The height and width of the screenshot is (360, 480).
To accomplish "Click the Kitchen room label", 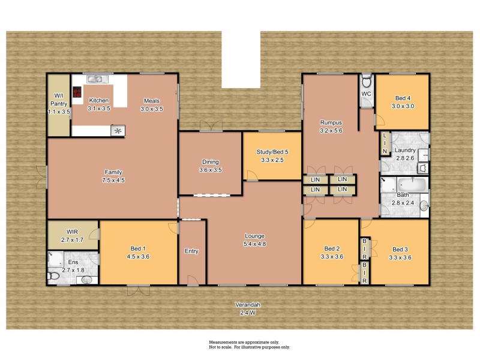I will (x=99, y=104).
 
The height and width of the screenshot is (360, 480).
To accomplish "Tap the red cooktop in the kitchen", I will (x=77, y=92).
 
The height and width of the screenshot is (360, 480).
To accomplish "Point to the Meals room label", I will (x=151, y=104).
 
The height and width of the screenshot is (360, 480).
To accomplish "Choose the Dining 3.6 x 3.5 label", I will (x=210, y=166).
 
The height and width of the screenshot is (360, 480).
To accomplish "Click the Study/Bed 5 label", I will (x=272, y=156).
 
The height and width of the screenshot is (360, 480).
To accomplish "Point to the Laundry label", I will (x=404, y=154).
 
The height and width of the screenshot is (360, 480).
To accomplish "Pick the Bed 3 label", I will (x=400, y=253).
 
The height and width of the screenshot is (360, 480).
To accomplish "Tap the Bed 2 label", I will (x=332, y=253).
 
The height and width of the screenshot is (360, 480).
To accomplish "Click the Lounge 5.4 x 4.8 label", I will (x=254, y=240).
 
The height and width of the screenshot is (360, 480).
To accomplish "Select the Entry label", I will (x=191, y=251).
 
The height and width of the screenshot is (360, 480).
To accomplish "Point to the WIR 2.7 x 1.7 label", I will (x=73, y=236).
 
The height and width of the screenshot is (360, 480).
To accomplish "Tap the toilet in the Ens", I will (x=54, y=275).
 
